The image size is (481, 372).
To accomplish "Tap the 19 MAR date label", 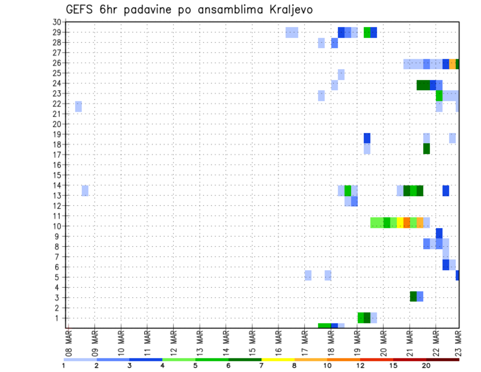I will [357, 343].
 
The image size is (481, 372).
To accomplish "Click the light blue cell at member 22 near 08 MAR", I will [78, 106].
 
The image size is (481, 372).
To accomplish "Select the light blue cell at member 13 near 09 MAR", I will [85, 191].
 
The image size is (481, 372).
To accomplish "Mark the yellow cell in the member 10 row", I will [400, 223].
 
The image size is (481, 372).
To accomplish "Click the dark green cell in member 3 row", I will [413, 296].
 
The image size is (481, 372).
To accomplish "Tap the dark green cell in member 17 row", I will [426, 149].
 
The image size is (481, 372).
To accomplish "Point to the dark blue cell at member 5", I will [458, 275].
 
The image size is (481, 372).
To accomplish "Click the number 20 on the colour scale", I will [426, 366].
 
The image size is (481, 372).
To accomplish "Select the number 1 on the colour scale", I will [64, 366].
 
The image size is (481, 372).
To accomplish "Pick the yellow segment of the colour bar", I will [278, 359].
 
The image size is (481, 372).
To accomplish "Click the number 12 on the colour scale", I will [361, 366].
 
